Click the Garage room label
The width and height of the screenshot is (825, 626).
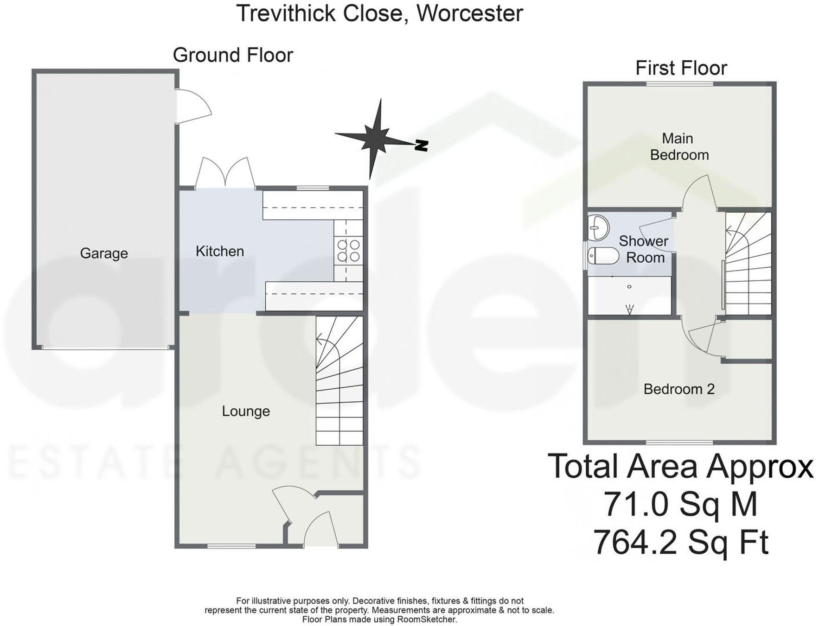tap(104, 253)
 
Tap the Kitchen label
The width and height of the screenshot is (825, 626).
tap(219, 251)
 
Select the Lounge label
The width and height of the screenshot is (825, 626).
tap(246, 411)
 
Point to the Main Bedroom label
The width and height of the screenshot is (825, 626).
tap(679, 146)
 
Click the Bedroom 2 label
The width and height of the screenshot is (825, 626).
tap(679, 389)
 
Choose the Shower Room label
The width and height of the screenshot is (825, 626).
tap(644, 249)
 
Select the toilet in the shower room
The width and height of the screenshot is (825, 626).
tap(603, 256)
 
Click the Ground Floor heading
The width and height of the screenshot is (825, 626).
tap(233, 55)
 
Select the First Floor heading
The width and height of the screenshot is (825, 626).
tap(681, 68)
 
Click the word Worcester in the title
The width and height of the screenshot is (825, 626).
tap(469, 13)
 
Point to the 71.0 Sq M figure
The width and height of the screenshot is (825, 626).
tap(680, 504)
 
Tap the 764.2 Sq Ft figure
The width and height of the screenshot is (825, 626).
tap(681, 542)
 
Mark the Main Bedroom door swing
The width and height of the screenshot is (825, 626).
tap(699, 192)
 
